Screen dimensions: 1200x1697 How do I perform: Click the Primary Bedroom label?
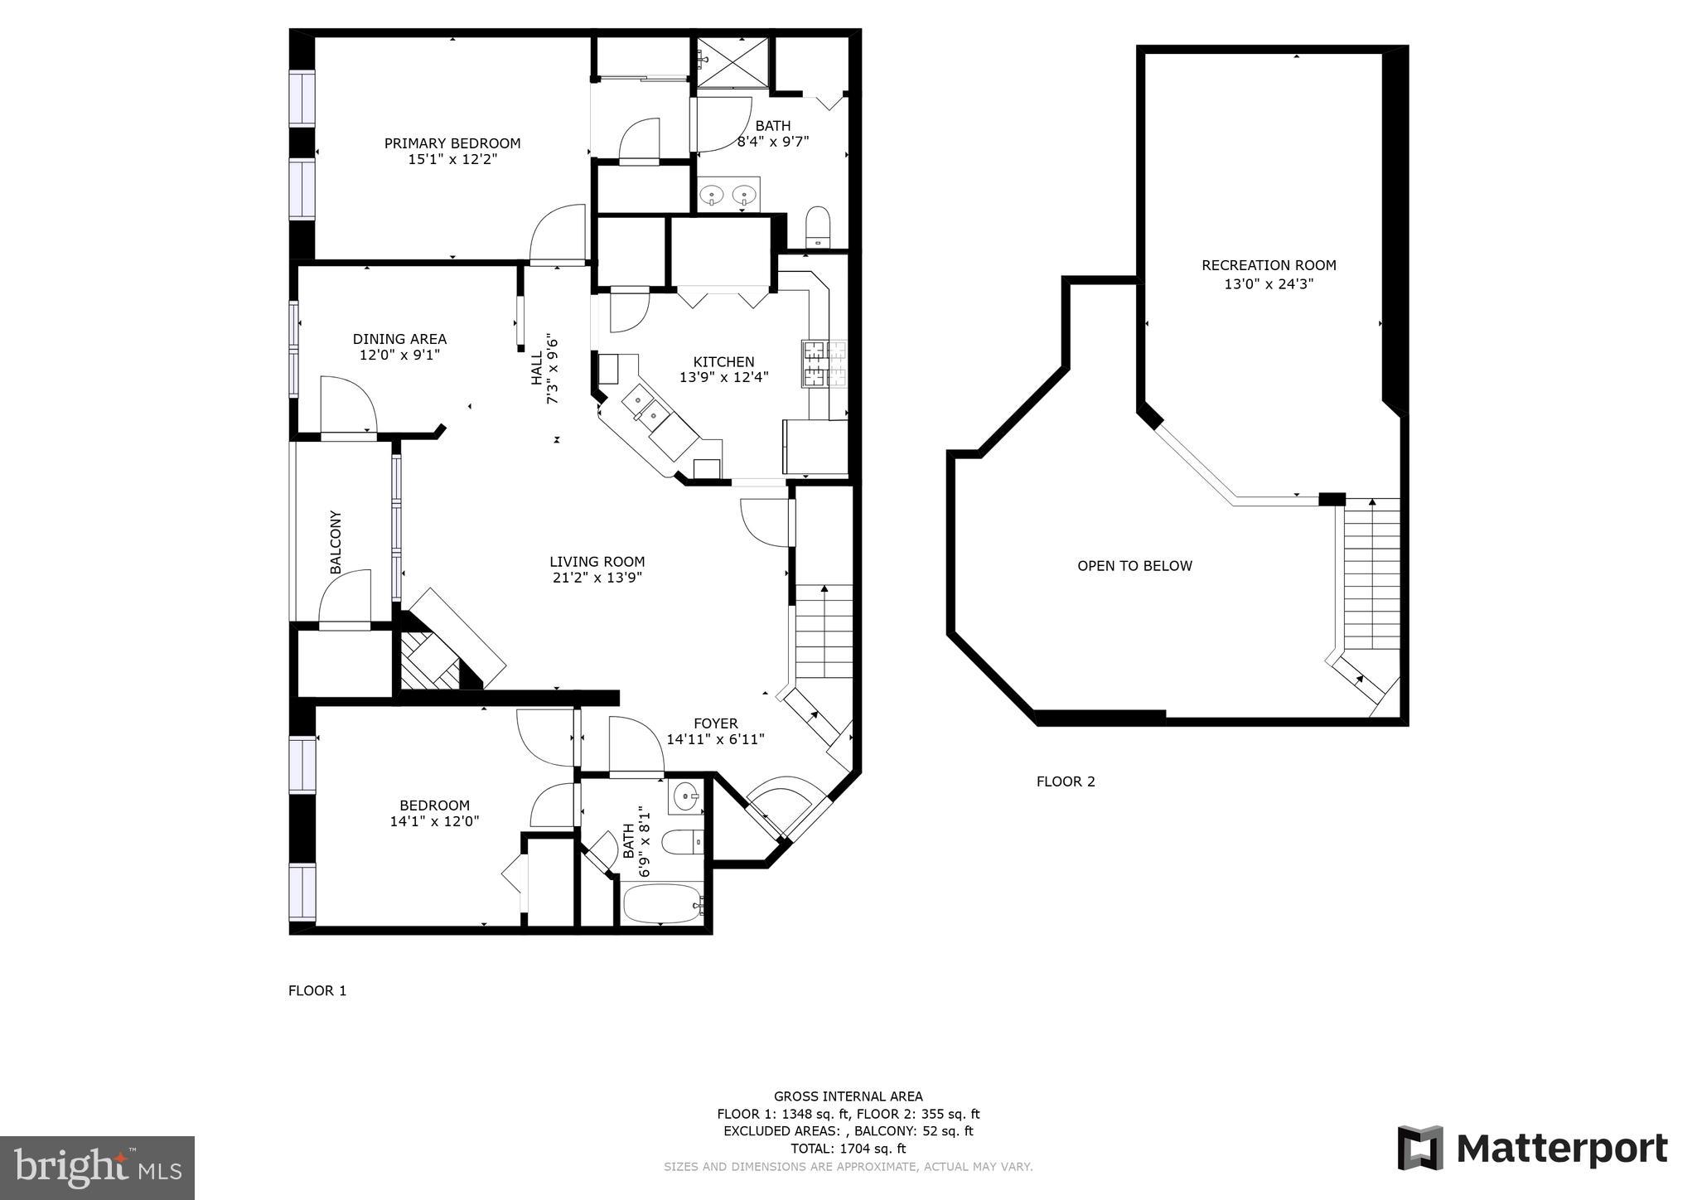pyautogui.click(x=452, y=143)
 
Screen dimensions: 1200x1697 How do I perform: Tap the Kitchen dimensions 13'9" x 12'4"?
pyautogui.click(x=723, y=377)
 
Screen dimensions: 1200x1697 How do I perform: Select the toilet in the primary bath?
pyautogui.click(x=817, y=226)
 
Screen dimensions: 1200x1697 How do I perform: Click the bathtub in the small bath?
pyautogui.click(x=661, y=903)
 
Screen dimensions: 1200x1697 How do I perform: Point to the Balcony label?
pyautogui.click(x=336, y=542)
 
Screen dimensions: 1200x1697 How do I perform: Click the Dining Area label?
pyautogui.click(x=399, y=339)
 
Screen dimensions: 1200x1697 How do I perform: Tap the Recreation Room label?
pyautogui.click(x=1269, y=265)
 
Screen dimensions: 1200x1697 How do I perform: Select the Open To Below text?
pyautogui.click(x=1134, y=566)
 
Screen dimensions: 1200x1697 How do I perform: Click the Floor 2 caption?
pyautogui.click(x=1066, y=781)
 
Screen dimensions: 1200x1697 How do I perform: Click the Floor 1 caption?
pyautogui.click(x=317, y=990)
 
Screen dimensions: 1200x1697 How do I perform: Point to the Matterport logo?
pyautogui.click(x=1532, y=1149)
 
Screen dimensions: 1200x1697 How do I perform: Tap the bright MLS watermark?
pyautogui.click(x=97, y=1169)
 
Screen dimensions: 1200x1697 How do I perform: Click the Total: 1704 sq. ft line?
pyautogui.click(x=848, y=1149)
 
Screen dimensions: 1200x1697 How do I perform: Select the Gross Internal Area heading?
pyautogui.click(x=848, y=1096)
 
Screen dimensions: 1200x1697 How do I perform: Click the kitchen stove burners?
pyautogui.click(x=824, y=364)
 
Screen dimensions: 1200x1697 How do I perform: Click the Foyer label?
pyautogui.click(x=715, y=723)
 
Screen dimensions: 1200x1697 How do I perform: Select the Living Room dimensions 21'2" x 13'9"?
pyautogui.click(x=597, y=578)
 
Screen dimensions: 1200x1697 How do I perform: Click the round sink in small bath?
pyautogui.click(x=685, y=797)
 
